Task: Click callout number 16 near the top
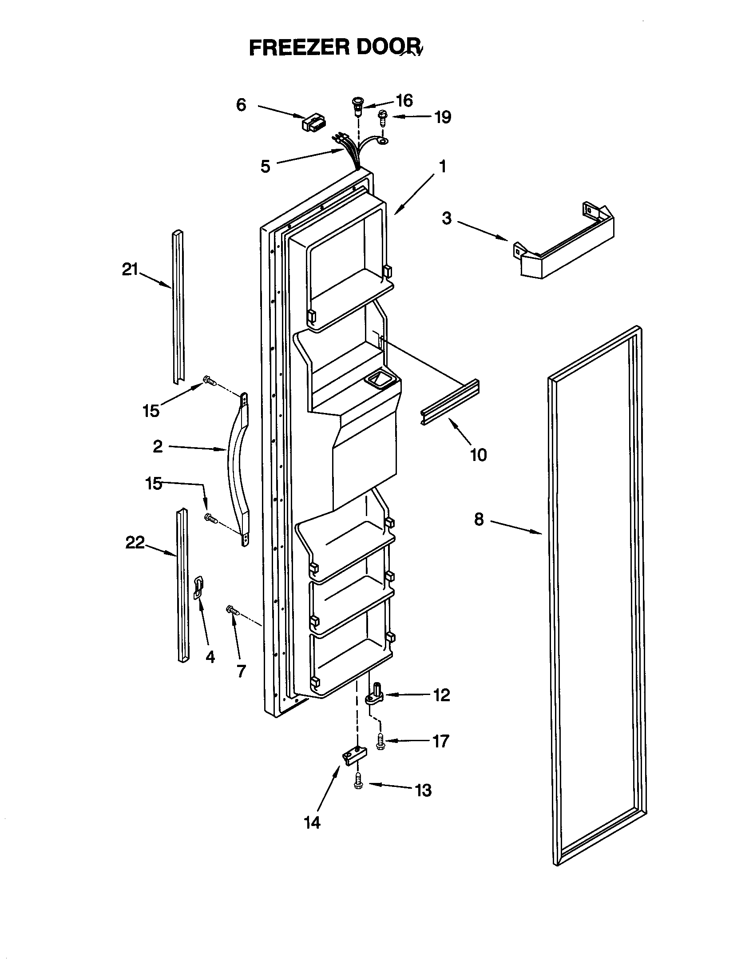[x=404, y=101]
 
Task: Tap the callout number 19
[x=443, y=117]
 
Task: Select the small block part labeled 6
[x=314, y=123]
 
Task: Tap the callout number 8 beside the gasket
[x=479, y=520]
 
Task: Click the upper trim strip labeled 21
[x=178, y=309]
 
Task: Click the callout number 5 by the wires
[x=266, y=167]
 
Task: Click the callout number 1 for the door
[x=442, y=167]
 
